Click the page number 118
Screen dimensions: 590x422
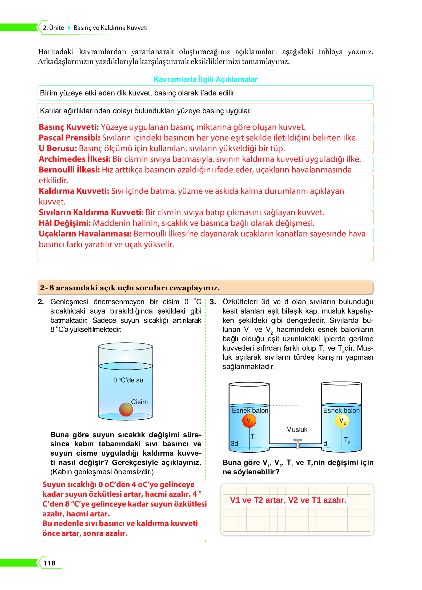(x=49, y=563)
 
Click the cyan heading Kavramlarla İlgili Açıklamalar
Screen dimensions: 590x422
(x=206, y=79)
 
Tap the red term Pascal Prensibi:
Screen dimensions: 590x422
(x=69, y=138)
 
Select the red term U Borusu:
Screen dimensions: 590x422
(x=58, y=148)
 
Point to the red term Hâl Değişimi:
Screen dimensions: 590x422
(x=65, y=223)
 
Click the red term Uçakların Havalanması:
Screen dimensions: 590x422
(x=85, y=234)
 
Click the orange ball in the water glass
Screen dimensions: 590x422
(x=126, y=410)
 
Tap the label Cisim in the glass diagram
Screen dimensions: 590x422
(x=139, y=402)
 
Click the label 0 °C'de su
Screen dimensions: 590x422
(x=128, y=380)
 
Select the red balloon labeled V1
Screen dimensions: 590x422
(x=249, y=421)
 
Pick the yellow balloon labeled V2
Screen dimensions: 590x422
(x=342, y=421)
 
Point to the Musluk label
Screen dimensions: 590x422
(x=297, y=430)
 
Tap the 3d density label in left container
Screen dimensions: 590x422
(x=235, y=443)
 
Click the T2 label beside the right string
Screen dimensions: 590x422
(x=347, y=440)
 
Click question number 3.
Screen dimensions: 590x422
(x=213, y=302)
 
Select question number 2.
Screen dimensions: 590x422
(x=41, y=302)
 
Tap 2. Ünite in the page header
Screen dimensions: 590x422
(x=53, y=28)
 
